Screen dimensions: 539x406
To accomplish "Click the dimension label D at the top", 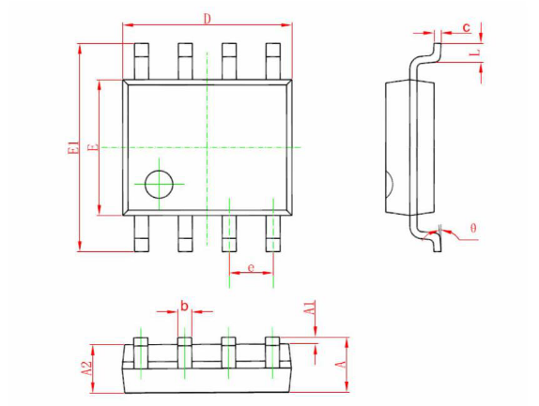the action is [x=207, y=19].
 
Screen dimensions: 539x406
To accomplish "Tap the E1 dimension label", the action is [x=73, y=147].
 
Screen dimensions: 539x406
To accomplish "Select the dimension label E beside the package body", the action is [x=93, y=147].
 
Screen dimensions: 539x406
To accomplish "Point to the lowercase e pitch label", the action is [x=252, y=267].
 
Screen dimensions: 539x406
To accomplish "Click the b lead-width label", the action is [x=185, y=305].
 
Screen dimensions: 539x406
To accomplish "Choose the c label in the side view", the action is [x=466, y=27].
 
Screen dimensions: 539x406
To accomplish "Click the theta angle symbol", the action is [x=473, y=228].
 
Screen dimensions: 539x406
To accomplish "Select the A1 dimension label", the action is [x=310, y=308].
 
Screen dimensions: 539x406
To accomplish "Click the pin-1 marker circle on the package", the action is [x=159, y=185].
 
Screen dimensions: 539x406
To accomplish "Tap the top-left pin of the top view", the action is [x=141, y=62].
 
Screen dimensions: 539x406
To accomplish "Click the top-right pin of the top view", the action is [x=273, y=62].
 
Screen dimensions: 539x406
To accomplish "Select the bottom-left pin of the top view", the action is [x=141, y=233].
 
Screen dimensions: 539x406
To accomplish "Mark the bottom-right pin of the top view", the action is [x=273, y=233].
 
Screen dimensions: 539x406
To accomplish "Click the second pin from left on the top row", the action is [x=185, y=62].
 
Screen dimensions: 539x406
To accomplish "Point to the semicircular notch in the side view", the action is [x=390, y=184].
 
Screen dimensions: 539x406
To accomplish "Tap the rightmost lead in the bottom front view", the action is [x=272, y=353].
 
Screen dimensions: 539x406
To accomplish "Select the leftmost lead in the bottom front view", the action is [x=141, y=353].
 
